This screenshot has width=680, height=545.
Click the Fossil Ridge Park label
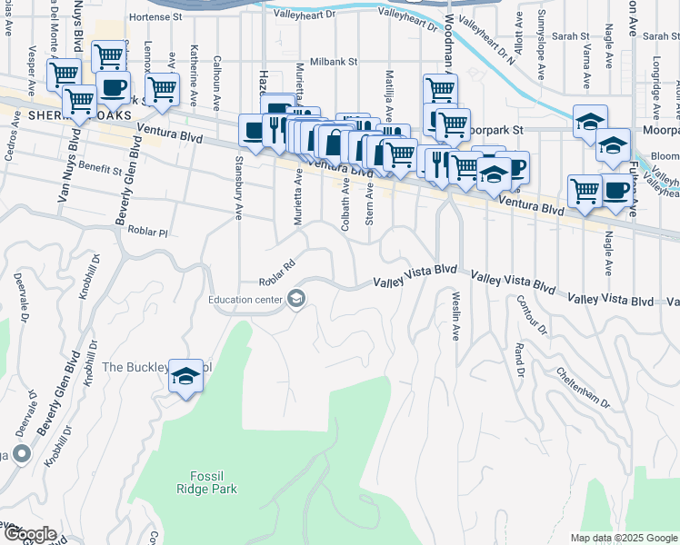[206, 482]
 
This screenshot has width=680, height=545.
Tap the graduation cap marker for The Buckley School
[185, 377]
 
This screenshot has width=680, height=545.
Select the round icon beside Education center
[295, 299]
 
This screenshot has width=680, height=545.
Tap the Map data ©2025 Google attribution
[624, 538]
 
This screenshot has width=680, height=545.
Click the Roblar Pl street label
[149, 232]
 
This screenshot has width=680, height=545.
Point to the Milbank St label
[335, 62]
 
